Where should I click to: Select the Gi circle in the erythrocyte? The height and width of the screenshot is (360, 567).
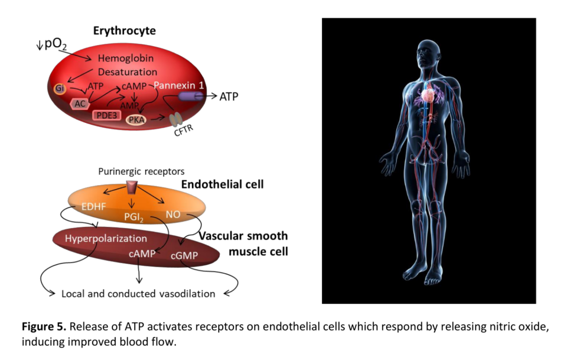point(60,89)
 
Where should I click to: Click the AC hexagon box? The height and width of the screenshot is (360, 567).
point(79,103)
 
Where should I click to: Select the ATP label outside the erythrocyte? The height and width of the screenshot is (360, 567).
point(229,96)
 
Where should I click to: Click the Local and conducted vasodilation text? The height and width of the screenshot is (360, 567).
point(138,294)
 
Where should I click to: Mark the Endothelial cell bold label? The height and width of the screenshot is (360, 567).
point(222,185)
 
